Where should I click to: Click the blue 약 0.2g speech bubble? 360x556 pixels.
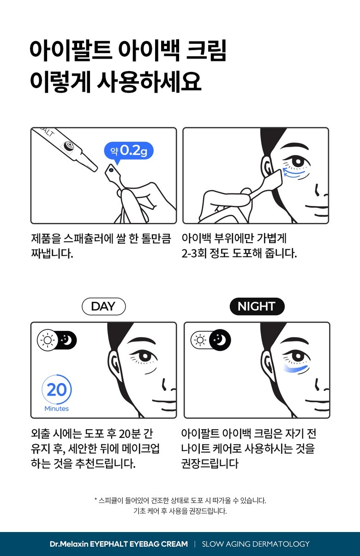pyautogui.click(x=128, y=151)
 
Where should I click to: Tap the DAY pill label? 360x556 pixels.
pyautogui.click(x=103, y=306)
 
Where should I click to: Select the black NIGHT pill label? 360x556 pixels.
pyautogui.click(x=257, y=306)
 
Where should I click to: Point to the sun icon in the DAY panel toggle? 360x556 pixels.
pyautogui.click(x=48, y=340)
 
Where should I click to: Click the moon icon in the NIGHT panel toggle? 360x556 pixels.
pyautogui.click(x=220, y=340)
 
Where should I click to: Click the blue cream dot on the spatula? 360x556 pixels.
pyautogui.click(x=111, y=170)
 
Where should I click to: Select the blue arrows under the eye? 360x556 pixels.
pyautogui.click(x=294, y=173)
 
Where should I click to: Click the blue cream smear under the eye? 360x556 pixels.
pyautogui.click(x=296, y=369)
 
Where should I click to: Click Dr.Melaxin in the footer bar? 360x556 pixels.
pyautogui.click(x=69, y=544)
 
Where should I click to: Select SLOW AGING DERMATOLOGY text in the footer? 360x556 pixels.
pyautogui.click(x=256, y=544)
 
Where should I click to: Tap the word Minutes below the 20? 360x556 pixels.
pyautogui.click(x=57, y=409)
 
